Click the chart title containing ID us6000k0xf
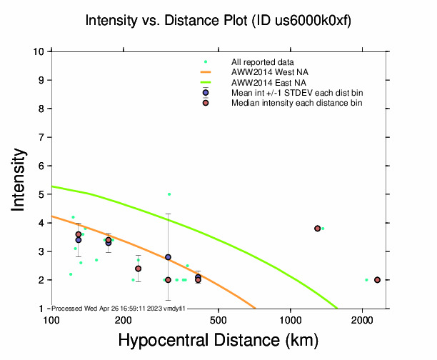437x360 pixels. (218, 21)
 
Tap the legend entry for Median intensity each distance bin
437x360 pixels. (296, 103)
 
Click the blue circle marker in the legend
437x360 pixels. (206, 93)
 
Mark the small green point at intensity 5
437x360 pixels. (169, 194)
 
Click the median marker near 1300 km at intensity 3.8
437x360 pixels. (317, 229)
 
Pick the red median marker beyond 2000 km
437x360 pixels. (377, 280)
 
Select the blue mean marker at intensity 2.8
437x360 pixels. (168, 257)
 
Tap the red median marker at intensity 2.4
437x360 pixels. (138, 269)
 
